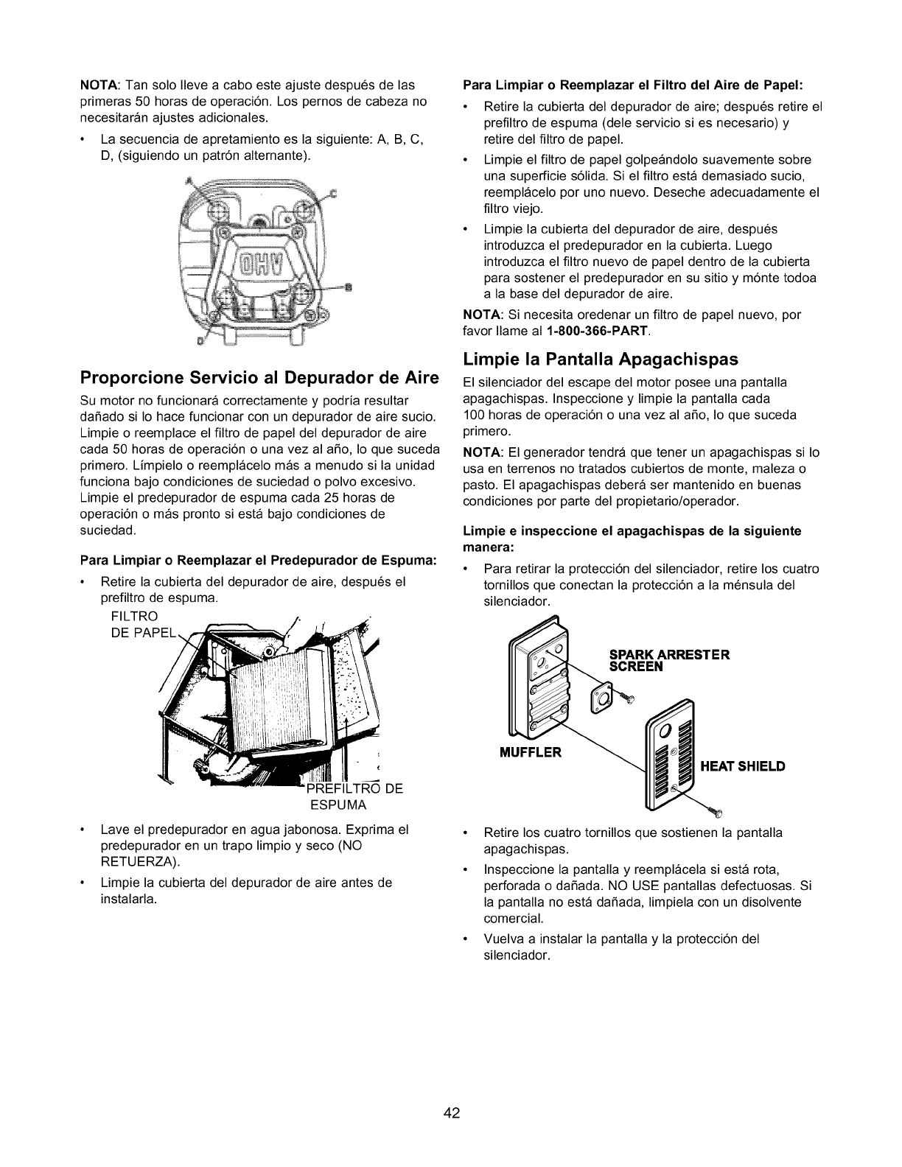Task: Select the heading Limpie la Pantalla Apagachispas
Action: [x=601, y=360]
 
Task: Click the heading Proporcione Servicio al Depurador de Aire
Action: [x=260, y=379]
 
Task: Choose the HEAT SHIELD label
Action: [x=742, y=766]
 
